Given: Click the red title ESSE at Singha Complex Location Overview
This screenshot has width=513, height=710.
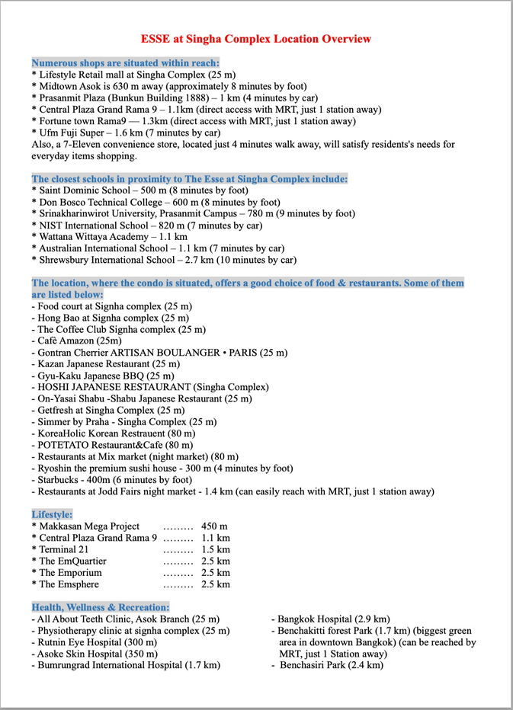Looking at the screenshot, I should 256,38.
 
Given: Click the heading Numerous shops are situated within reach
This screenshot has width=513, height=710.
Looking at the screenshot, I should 126,62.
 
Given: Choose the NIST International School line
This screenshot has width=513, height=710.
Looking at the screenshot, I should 146,225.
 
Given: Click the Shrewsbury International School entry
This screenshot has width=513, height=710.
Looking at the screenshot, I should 163,260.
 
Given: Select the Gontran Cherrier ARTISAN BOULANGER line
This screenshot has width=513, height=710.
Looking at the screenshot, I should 159,353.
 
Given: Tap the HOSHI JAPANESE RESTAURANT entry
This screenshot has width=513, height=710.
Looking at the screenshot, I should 150,387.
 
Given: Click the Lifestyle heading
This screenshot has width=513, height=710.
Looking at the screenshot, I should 53,514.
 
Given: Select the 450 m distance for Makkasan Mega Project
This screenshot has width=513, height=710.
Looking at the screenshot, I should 214,526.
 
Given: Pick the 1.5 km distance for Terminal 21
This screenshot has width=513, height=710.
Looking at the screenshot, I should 215,549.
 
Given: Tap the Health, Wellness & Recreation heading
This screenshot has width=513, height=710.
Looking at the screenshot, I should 101,607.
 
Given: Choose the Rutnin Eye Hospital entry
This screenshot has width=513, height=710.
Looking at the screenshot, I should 95,642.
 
